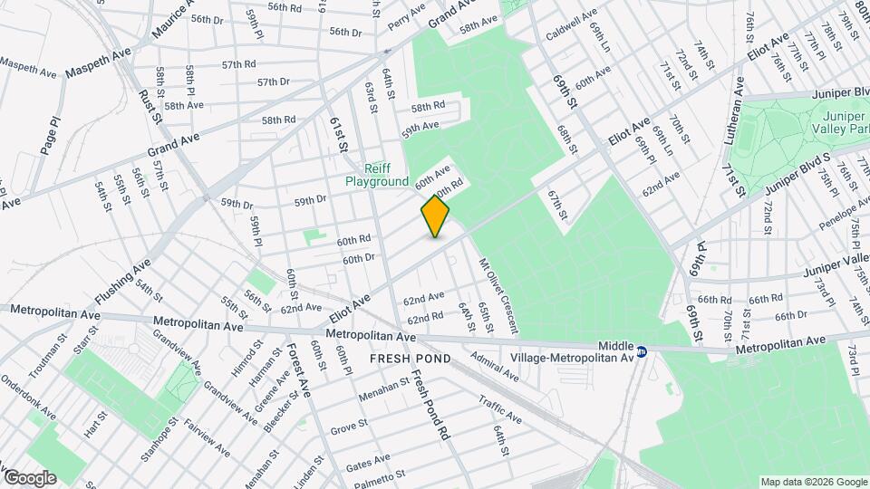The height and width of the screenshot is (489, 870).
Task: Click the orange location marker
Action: coord(435,216)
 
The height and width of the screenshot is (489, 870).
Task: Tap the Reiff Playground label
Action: coord(377,176)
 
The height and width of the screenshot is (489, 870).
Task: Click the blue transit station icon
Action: coord(642,351)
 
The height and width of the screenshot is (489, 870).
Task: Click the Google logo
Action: coord(29,477)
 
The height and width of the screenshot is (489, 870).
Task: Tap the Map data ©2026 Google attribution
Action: coord(812,482)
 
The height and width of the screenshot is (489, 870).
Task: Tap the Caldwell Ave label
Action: coord(571,27)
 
